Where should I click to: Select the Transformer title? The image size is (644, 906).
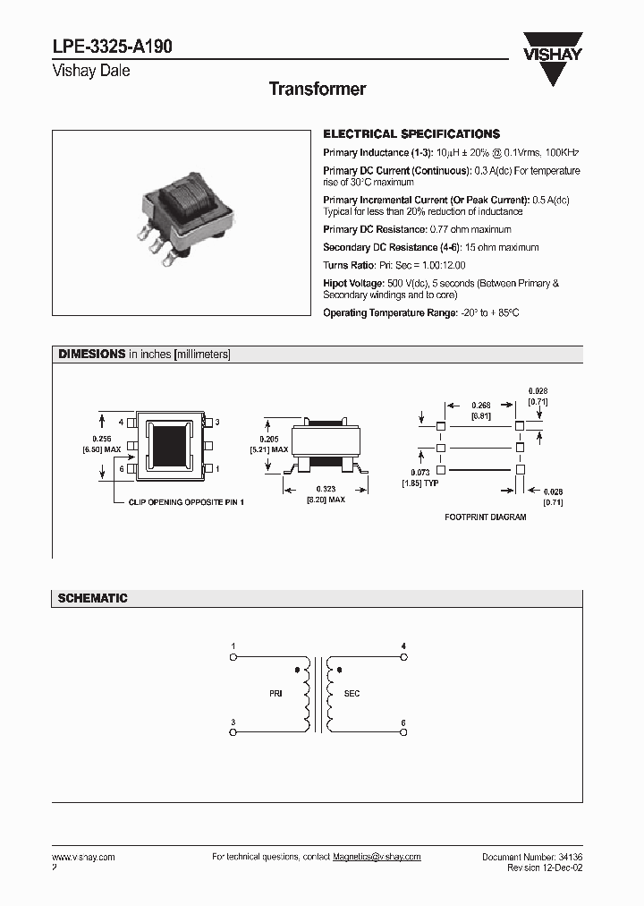pyautogui.click(x=318, y=89)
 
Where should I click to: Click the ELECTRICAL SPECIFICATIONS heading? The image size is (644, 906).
pyautogui.click(x=411, y=133)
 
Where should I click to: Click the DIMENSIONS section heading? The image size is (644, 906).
pyautogui.click(x=91, y=355)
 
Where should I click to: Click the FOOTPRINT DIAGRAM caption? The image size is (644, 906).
pyautogui.click(x=485, y=517)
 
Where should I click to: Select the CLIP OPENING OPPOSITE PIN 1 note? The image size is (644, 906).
pyautogui.click(x=185, y=502)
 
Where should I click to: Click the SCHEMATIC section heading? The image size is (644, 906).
pyautogui.click(x=92, y=598)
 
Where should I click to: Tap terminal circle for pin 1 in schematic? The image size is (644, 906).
pyautogui.click(x=233, y=656)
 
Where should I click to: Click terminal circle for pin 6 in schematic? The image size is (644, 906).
pyautogui.click(x=403, y=732)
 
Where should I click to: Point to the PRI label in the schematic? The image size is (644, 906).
pyautogui.click(x=275, y=694)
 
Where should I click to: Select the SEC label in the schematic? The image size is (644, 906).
pyautogui.click(x=352, y=694)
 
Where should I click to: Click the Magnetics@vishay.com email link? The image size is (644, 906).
pyautogui.click(x=377, y=857)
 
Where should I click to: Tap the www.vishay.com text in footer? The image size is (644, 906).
pyautogui.click(x=83, y=857)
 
